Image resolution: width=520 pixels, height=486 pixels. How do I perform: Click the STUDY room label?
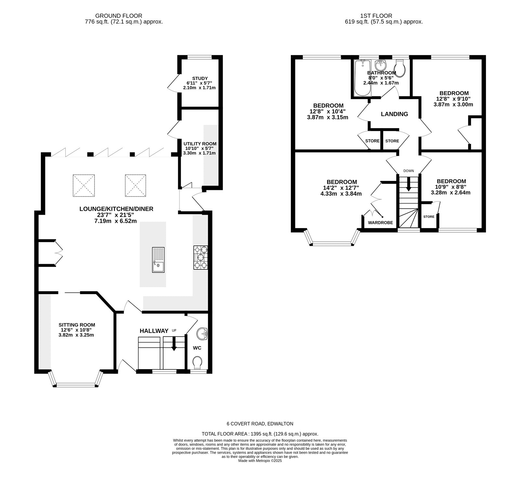[x=200, y=78]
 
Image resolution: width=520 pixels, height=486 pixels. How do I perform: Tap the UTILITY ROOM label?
[x=200, y=144]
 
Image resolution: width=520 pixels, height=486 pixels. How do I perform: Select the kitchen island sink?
[x=158, y=260]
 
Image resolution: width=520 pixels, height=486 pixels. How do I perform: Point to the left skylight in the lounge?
[x=84, y=185]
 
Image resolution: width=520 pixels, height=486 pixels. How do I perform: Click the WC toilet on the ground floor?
[x=197, y=362]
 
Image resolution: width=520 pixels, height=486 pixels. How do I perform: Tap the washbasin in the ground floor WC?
[x=204, y=333]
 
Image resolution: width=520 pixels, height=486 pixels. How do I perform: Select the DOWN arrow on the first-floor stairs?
[x=409, y=184]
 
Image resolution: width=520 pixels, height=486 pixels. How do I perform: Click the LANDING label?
[x=394, y=114]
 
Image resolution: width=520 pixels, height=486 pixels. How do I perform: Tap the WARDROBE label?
[x=380, y=223]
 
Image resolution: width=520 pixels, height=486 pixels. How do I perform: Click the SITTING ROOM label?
[x=77, y=325]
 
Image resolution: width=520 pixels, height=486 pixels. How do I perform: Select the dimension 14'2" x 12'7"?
[x=342, y=188]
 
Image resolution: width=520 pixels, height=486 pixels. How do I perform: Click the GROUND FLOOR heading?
[x=119, y=16]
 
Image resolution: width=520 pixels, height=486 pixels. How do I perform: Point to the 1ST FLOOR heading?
[x=376, y=16]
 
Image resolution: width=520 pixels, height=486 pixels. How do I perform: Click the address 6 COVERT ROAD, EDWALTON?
[x=260, y=424]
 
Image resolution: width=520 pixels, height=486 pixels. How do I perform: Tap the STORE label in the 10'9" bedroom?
[x=429, y=217]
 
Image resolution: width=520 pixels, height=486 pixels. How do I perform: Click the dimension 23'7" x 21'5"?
[x=116, y=215]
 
